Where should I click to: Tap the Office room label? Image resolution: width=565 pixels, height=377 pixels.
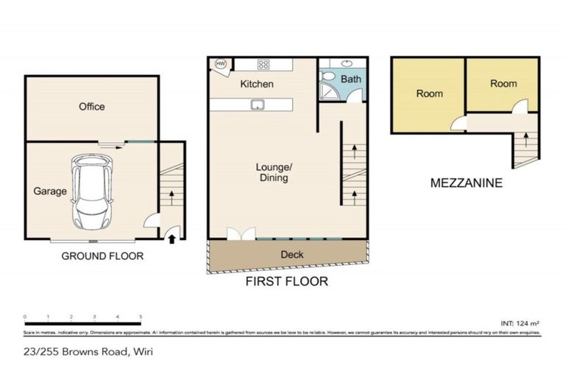tap(92, 107)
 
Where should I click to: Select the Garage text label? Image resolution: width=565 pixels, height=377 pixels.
tap(50, 191)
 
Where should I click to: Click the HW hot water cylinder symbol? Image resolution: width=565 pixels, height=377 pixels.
tap(220, 66)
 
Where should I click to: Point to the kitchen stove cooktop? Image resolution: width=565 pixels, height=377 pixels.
tap(263, 64)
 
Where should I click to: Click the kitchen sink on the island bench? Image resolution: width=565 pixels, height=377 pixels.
tap(258, 105)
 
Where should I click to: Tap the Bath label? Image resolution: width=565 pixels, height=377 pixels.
tap(350, 78)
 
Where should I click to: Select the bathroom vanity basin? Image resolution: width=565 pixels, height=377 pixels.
tap(347, 63)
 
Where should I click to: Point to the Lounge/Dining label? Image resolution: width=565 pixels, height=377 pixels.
tap(274, 172)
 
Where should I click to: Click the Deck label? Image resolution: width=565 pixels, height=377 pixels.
tap(292, 255)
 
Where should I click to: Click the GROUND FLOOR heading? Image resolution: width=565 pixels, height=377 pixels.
tap(102, 256)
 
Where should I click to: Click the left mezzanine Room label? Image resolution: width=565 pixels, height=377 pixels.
tap(429, 94)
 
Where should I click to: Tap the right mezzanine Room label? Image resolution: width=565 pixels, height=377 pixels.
tap(503, 84)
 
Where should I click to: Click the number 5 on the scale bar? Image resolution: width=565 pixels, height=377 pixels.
tap(140, 317)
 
